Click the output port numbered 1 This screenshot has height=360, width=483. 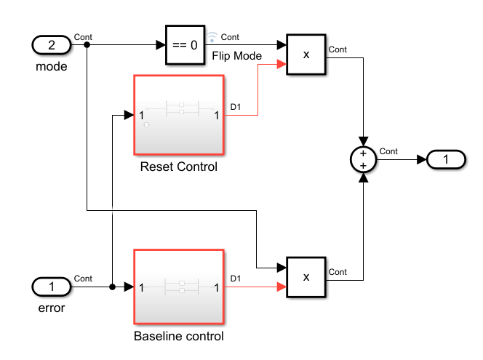(x=447, y=159)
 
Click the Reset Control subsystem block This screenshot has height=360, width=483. (x=179, y=114)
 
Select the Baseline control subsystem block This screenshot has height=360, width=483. (x=179, y=287)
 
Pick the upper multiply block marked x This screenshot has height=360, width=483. (x=306, y=55)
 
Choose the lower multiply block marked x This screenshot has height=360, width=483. (x=306, y=276)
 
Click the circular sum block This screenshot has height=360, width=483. (x=363, y=159)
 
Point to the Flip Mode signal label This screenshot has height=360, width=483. (x=236, y=55)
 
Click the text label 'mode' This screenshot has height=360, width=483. (x=52, y=67)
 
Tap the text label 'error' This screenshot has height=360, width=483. (x=52, y=308)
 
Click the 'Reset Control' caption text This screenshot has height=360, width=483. (x=179, y=167)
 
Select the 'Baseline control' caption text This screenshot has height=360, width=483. (x=179, y=337)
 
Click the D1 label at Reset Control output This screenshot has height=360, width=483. (x=236, y=108)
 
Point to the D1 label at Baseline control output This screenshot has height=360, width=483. (x=236, y=278)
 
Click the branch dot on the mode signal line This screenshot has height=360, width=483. (x=87, y=45)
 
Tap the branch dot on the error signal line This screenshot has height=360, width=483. (x=113, y=287)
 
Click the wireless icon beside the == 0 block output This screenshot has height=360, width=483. (x=212, y=36)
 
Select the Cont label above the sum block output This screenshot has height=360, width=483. (x=388, y=151)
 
